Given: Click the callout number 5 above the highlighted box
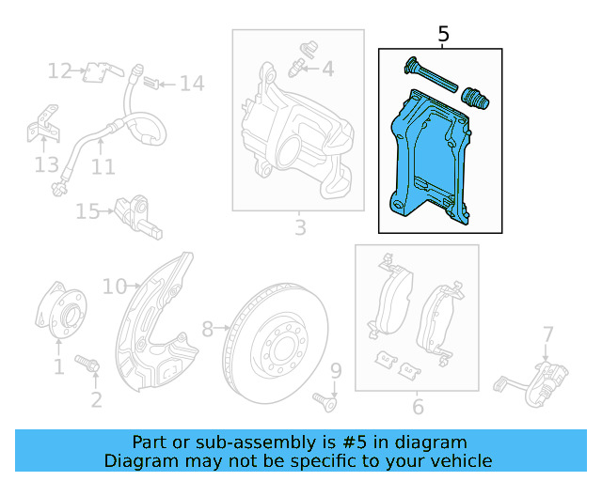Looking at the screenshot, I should click(444, 35).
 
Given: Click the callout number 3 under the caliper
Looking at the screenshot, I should click(300, 227).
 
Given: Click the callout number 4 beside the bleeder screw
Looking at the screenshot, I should click(327, 69).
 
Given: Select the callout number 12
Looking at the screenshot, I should click(59, 70).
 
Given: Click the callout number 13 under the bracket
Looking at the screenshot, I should click(46, 166).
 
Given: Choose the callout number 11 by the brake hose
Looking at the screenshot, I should click(103, 167).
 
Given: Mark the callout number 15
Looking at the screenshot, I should click(87, 211).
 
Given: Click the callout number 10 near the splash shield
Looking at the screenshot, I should click(114, 286).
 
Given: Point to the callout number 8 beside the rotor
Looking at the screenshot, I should click(208, 329).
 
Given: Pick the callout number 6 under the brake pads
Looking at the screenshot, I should click(418, 407).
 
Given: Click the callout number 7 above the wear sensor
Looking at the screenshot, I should click(547, 333).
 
